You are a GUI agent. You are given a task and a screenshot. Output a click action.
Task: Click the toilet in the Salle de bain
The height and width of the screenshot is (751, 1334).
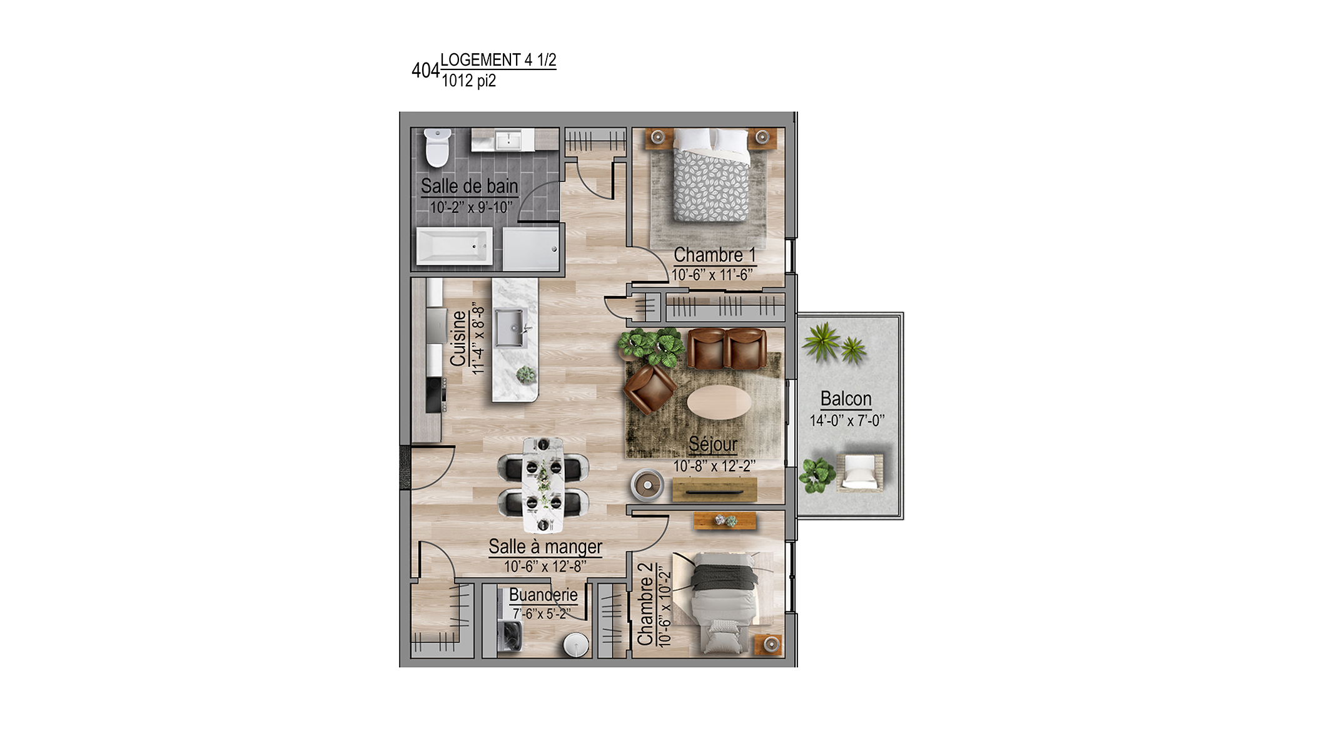437,148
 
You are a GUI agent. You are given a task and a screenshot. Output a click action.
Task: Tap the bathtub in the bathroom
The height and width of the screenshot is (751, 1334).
455,246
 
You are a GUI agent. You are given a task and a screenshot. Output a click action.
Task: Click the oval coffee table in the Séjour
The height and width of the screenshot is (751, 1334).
719,401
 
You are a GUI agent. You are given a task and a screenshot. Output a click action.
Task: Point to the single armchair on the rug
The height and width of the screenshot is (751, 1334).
650,389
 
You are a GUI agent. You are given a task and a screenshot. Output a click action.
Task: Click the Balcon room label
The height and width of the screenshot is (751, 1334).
846,399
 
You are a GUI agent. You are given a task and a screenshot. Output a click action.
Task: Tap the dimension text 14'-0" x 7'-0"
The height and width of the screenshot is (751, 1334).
847,421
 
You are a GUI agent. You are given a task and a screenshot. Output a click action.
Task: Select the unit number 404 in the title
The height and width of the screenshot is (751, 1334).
425,71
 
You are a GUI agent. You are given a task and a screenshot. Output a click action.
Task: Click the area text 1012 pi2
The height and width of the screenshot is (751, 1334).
468,81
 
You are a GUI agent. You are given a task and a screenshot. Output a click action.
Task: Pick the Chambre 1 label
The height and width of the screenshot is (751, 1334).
714,255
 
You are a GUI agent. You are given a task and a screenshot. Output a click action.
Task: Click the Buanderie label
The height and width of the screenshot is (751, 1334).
543,595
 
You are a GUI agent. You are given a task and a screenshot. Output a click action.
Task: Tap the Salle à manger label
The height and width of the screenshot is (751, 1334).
545,546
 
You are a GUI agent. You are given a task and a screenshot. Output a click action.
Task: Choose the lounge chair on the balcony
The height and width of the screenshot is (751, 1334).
861,473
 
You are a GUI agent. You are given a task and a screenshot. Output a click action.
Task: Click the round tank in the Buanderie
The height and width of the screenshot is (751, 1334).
576,645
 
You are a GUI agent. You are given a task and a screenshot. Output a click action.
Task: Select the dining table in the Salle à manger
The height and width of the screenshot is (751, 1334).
543,485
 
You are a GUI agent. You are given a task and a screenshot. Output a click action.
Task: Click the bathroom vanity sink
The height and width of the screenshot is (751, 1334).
508,140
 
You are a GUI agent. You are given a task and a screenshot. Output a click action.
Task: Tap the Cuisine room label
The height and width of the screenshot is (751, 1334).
458,339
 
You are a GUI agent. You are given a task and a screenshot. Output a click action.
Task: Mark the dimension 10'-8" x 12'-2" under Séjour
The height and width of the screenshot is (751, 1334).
714,466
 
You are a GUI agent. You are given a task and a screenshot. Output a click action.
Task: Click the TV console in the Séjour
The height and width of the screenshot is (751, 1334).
714,489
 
